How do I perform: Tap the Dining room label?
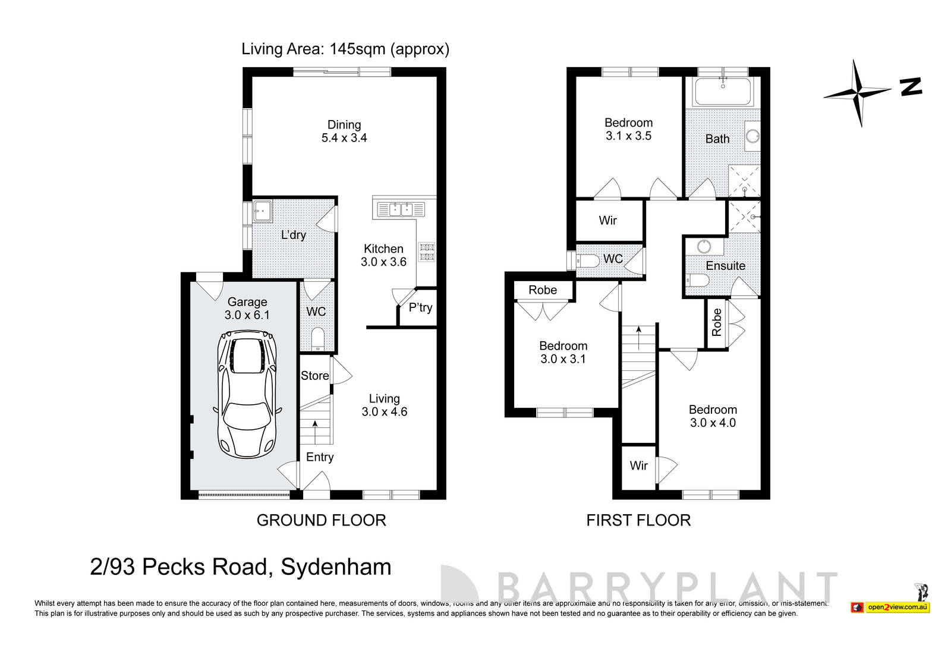344,125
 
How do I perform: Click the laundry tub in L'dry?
262,210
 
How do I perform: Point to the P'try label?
420,308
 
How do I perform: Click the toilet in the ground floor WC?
317,339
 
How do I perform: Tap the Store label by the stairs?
314,376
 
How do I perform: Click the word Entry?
320,457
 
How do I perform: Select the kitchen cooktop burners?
426,252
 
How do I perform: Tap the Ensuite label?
725,266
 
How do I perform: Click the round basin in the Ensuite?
705,247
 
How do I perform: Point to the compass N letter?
911,87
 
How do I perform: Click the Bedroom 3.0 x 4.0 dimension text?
713,423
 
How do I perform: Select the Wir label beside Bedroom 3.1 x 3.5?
607,221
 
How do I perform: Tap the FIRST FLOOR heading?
638,521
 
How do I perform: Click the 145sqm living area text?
355,49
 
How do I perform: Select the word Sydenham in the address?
336,567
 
